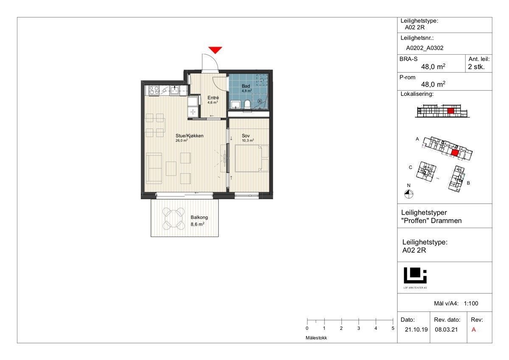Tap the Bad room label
246,86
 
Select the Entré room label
213,98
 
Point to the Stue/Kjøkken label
189,136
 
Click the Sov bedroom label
246,136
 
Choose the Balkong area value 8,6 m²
197,224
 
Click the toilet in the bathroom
247,105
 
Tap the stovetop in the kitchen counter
154,90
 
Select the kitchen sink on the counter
175,90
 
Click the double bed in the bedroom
252,159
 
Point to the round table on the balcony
173,218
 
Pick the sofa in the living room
154,168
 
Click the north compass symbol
408,195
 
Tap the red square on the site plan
454,153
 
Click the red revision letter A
473,329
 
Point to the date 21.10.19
416,329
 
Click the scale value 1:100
471,304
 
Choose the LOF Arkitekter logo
415,278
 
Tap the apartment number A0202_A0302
425,48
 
